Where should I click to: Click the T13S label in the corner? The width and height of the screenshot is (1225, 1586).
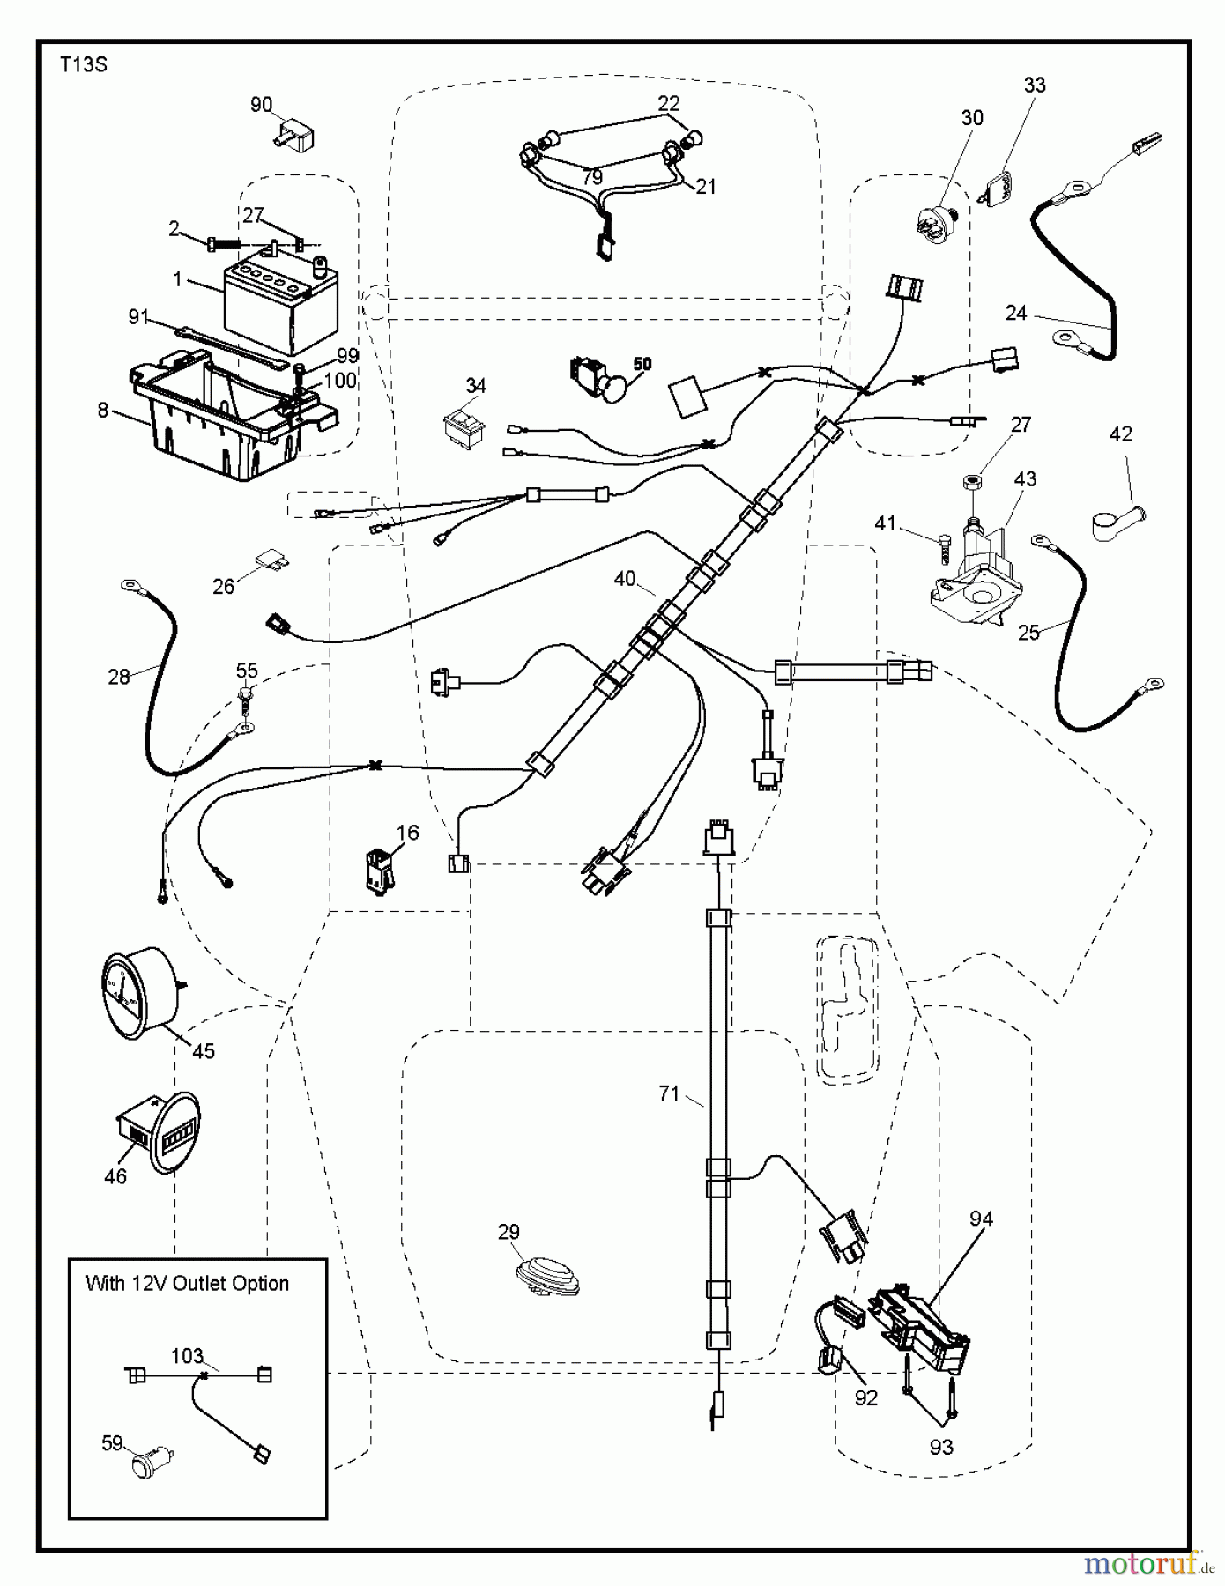84,65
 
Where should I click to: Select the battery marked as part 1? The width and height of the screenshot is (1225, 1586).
280,301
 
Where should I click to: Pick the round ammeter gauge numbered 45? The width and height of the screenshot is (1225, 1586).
138,989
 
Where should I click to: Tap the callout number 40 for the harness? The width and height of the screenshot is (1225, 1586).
624,579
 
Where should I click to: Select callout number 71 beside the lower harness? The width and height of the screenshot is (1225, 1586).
669,1093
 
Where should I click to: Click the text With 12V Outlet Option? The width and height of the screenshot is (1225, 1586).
187,1284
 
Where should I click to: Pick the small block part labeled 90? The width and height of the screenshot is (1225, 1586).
293,136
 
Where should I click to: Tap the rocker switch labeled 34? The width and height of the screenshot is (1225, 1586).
464,426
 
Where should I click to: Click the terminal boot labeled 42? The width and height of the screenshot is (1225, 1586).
1115,522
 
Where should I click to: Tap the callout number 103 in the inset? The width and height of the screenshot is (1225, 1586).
187,1356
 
